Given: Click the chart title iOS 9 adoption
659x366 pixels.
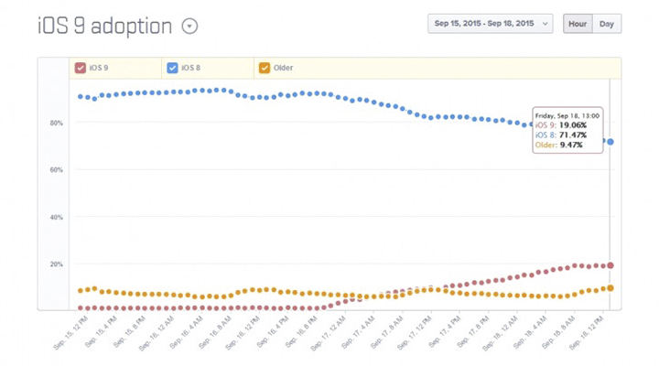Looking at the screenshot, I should [x=104, y=26].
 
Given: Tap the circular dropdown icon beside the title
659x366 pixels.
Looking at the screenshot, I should [x=189, y=27].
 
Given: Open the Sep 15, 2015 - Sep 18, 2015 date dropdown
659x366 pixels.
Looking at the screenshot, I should [x=490, y=24].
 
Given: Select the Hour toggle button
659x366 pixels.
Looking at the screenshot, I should [x=578, y=24].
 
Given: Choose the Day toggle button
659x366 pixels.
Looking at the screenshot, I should [x=606, y=24].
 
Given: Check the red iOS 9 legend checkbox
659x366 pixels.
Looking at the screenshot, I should [x=81, y=68].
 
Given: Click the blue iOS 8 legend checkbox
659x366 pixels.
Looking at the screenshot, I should [x=172, y=68].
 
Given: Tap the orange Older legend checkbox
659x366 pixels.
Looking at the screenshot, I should [x=265, y=68].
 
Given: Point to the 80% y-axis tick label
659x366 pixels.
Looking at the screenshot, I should [x=57, y=123].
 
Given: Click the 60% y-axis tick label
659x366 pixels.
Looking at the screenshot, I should [x=57, y=170].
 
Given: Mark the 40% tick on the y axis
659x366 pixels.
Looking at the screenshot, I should [x=57, y=218].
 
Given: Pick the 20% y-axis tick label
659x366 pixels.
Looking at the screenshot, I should [x=57, y=264].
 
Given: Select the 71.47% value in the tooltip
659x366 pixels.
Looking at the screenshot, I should [x=573, y=135].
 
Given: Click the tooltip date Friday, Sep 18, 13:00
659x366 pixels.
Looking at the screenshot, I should [x=567, y=116].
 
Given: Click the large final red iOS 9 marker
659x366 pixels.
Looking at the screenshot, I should [x=610, y=265].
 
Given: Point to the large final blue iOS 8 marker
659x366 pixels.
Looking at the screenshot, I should [x=610, y=142].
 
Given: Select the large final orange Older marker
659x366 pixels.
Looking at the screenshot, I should [x=610, y=288].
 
